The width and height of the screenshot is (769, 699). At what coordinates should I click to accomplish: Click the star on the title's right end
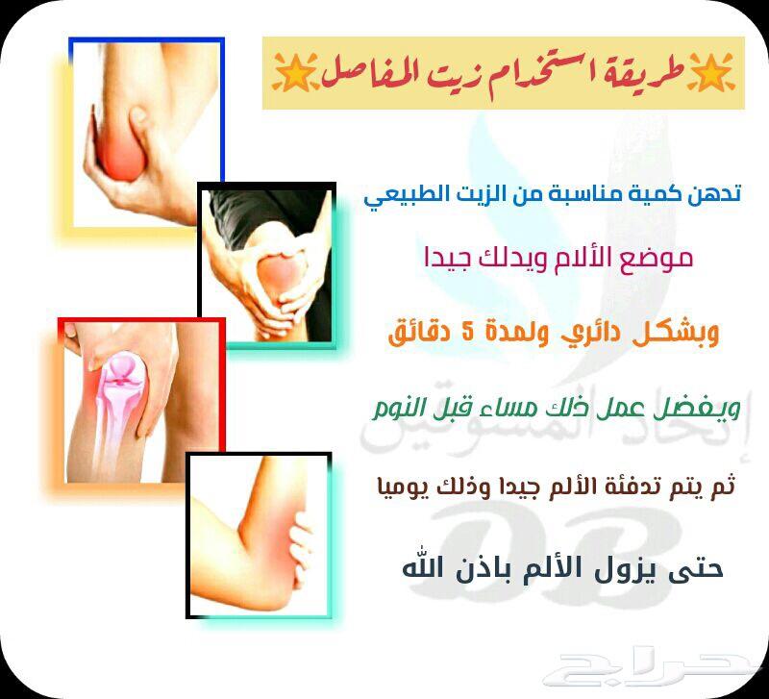[x=710, y=73]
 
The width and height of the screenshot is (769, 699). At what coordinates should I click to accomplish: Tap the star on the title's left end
[x=293, y=73]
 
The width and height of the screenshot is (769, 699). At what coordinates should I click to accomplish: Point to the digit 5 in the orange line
[x=468, y=333]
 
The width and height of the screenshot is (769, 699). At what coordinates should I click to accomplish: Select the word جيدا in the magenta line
[x=445, y=259]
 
